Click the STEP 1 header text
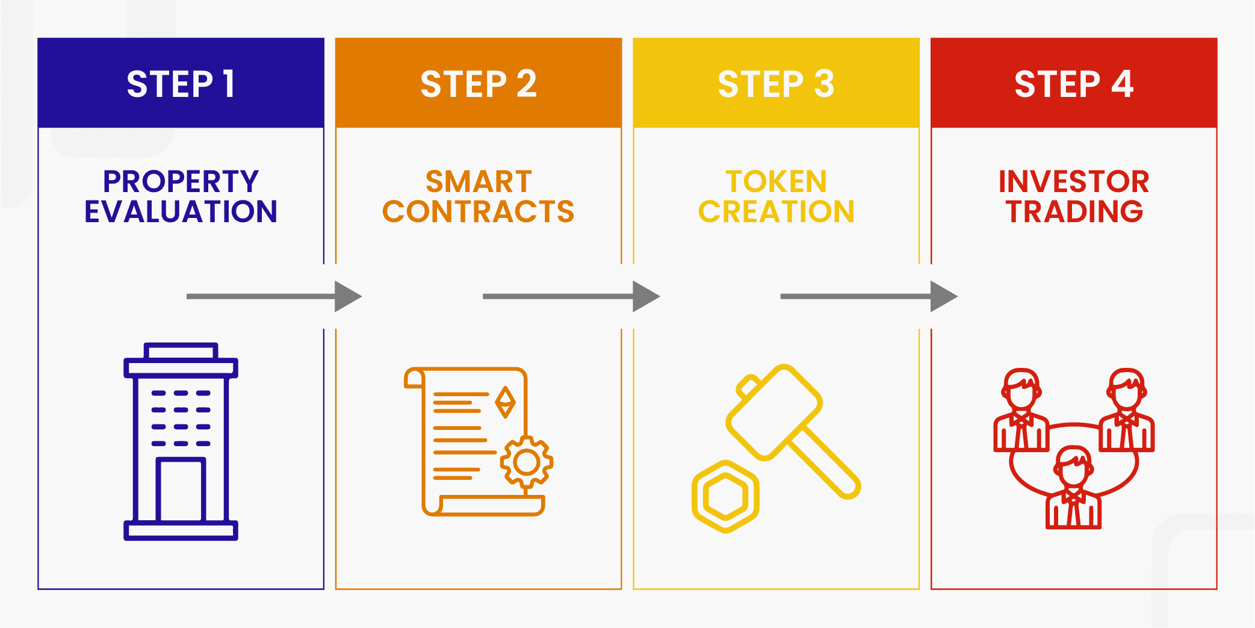[181, 84]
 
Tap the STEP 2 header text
[478, 84]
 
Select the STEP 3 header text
[776, 84]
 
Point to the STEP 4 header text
[1074, 84]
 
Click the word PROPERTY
[181, 181]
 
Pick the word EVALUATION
[181, 211]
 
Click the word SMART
[479, 181]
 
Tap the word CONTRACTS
[479, 211]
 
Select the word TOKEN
[776, 181]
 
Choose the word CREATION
[776, 211]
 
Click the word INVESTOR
[1074, 181]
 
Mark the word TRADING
[1074, 211]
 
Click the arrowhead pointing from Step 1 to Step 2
[347, 296]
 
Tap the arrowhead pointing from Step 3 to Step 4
[943, 296]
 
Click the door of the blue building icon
[181, 489]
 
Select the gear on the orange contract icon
[527, 462]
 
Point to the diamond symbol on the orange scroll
[505, 402]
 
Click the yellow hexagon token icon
[725, 497]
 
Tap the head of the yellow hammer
[774, 412]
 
